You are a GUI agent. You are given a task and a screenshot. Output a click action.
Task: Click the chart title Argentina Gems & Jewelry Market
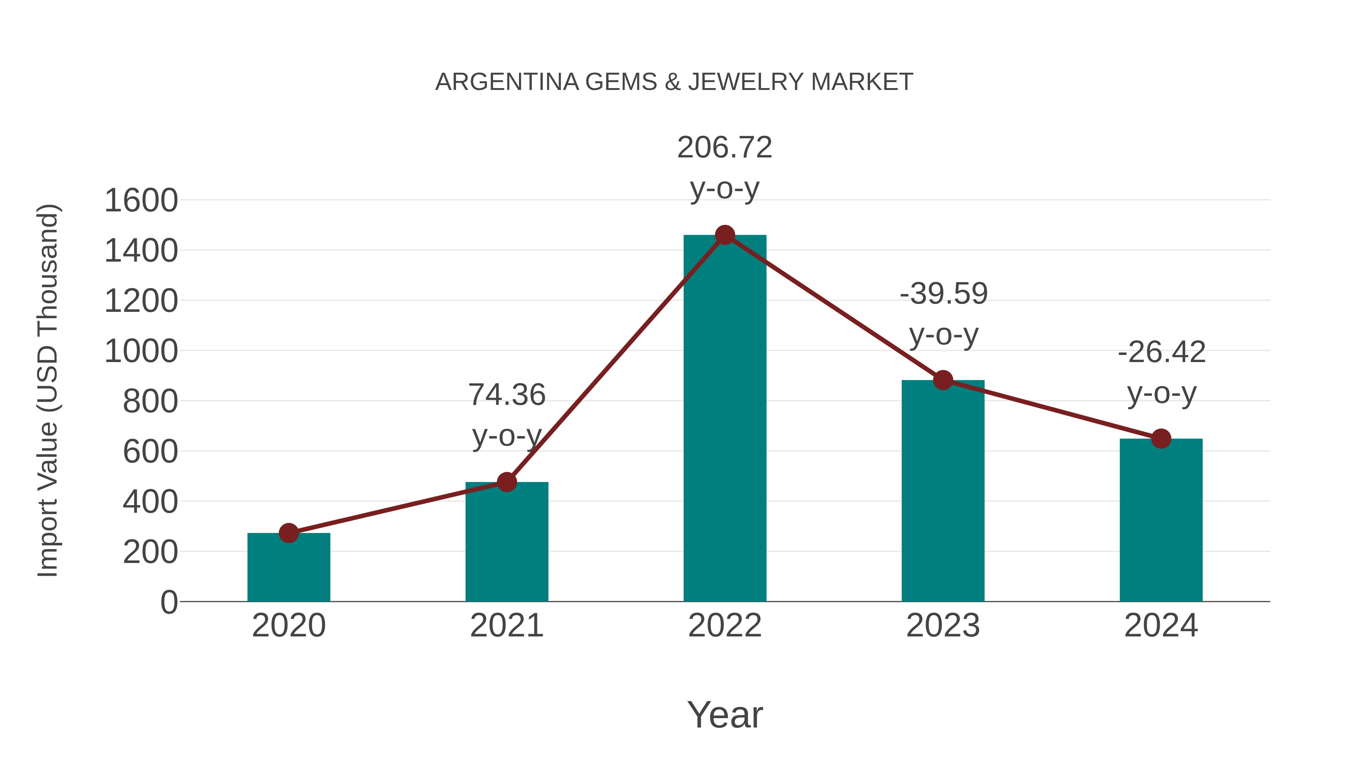point(674,82)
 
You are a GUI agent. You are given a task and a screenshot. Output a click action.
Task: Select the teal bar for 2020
point(289,568)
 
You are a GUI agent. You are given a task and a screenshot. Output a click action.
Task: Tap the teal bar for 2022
point(725,419)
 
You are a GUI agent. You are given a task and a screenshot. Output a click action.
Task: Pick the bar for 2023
point(943,493)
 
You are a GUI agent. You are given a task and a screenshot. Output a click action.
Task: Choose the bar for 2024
point(1161,521)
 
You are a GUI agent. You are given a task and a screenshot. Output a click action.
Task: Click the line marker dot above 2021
point(506,482)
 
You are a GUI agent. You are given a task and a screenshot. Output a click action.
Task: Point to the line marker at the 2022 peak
point(725,235)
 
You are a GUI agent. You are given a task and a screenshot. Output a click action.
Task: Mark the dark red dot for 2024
point(1161,439)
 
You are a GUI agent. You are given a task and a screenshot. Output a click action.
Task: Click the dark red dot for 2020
point(289,533)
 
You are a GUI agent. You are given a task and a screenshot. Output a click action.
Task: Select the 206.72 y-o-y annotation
point(725,148)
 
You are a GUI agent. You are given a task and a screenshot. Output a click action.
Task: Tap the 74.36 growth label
point(506,395)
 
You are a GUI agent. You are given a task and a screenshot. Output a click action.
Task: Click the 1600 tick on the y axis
point(141,201)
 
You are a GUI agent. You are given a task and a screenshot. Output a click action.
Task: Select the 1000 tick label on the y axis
point(141,352)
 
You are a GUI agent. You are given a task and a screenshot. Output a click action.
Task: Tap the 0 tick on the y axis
point(169,602)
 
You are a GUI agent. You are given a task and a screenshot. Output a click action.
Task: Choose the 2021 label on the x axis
point(506,626)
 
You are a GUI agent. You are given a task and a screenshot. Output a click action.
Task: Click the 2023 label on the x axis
point(943,626)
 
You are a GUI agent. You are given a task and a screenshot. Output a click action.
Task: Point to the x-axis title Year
point(725,715)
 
